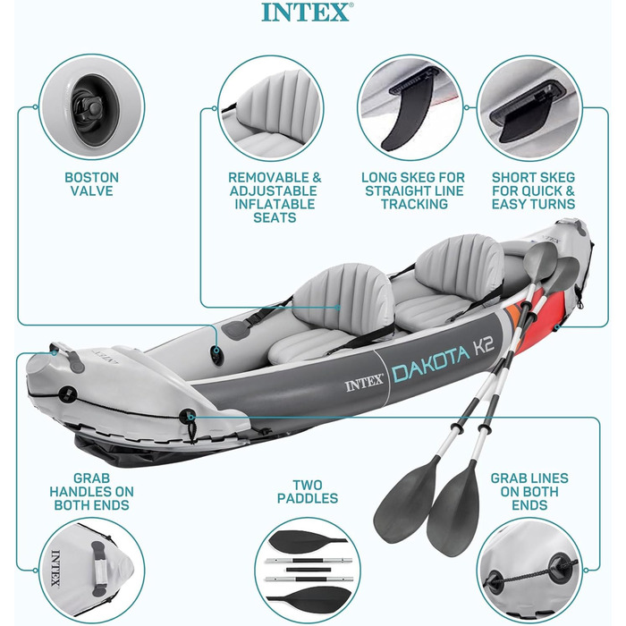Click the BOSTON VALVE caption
pos(91,184)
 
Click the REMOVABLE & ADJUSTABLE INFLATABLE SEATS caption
pos(275,197)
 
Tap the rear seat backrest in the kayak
pos(460,263)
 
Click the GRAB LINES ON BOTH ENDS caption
pos(529,492)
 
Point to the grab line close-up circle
pos(529,571)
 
